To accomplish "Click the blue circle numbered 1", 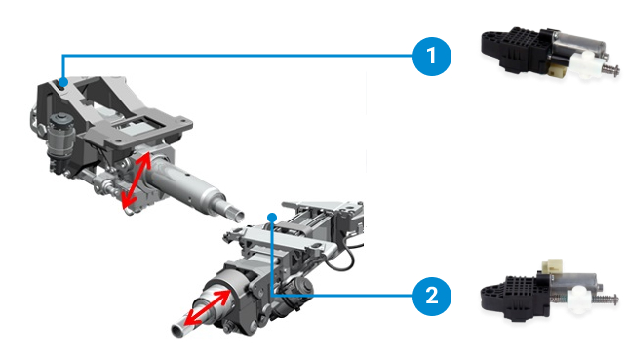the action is pyautogui.click(x=431, y=56).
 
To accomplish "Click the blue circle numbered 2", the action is pyautogui.click(x=431, y=296).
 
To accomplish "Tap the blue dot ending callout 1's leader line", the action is pyautogui.click(x=63, y=82).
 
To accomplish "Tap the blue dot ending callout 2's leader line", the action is pyautogui.click(x=272, y=218).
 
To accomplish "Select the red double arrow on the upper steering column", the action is pyautogui.click(x=137, y=180).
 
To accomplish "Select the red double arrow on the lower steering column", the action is pyautogui.click(x=207, y=307).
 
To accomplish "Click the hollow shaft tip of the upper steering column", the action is pyautogui.click(x=238, y=215).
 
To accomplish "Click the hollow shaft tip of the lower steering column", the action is pyautogui.click(x=177, y=331).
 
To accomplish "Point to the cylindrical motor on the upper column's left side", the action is pyautogui.click(x=60, y=136).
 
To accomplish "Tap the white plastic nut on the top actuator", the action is pyautogui.click(x=584, y=64).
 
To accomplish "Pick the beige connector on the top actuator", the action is pyautogui.click(x=557, y=71).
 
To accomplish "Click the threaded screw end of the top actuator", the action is pyautogui.click(x=610, y=71).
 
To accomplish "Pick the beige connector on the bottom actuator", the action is pyautogui.click(x=552, y=265).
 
